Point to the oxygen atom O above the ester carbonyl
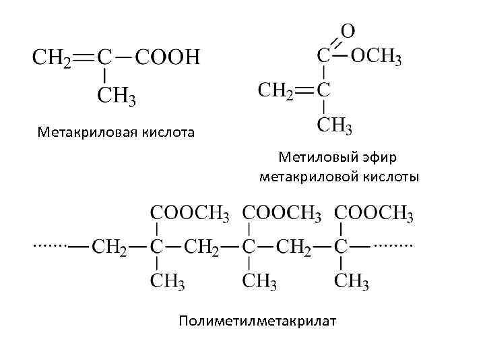348,31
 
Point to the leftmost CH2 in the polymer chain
109,246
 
